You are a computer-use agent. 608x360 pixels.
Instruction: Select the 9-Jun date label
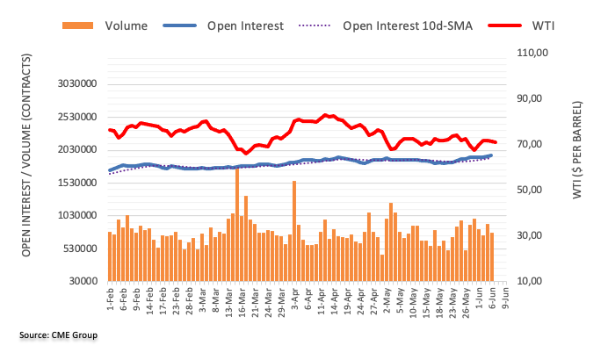tap(500, 299)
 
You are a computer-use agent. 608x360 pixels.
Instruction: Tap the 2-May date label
tap(385, 299)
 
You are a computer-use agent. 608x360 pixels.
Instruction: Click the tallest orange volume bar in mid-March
tap(237, 224)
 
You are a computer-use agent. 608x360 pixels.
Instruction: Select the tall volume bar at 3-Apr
tap(294, 230)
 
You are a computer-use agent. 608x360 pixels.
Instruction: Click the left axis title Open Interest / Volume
tap(27, 167)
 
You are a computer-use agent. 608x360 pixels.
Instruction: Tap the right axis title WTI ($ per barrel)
tap(578, 167)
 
